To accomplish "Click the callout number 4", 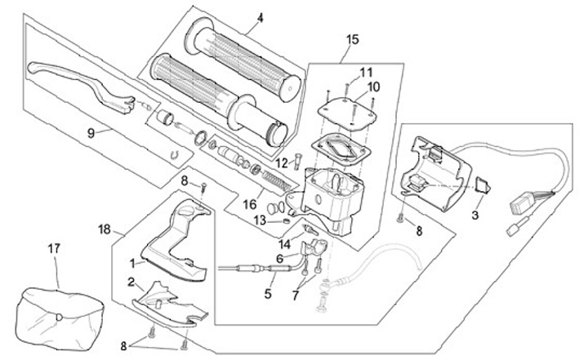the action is click(261, 18).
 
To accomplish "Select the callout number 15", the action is click(352, 39).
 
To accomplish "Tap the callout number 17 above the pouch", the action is click(54, 248).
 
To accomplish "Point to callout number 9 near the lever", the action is click(91, 133).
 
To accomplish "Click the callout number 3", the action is click(474, 216).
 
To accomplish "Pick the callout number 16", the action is click(250, 205).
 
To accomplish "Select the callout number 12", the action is click(282, 163).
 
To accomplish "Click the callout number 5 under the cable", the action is click(268, 294).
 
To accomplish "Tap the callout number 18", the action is click(105, 229).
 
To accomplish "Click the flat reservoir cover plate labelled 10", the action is click(345, 110).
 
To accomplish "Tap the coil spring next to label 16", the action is click(277, 180).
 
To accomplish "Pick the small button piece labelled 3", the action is click(483, 184).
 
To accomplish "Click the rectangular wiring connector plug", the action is click(519, 204).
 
